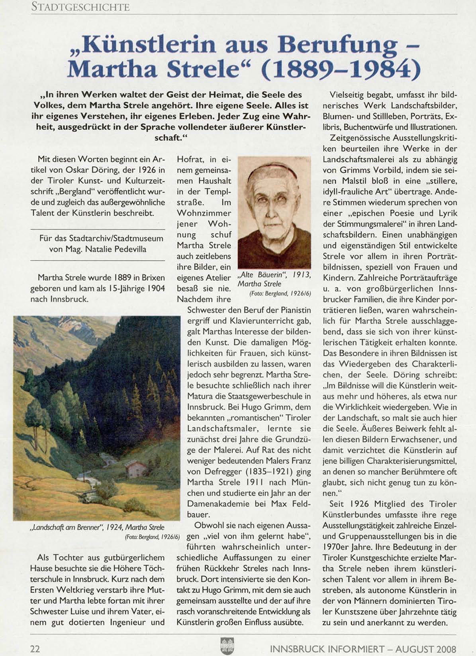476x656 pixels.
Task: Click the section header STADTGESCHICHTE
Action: click(80, 7)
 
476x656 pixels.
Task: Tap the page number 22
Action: click(35, 648)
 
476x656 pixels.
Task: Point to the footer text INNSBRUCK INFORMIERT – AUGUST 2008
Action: click(363, 649)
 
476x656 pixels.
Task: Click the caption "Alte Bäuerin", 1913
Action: click(274, 275)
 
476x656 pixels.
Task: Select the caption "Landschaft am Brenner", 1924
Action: click(97, 527)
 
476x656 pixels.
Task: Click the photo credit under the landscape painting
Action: click(152, 536)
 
